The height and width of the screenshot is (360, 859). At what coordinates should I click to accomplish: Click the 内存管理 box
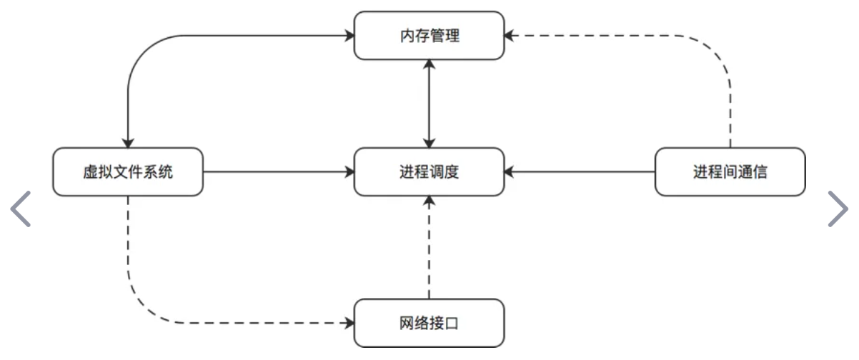(429, 36)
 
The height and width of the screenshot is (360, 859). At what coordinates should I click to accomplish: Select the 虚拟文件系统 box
(128, 172)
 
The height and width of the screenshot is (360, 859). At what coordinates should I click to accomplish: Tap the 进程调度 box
(429, 172)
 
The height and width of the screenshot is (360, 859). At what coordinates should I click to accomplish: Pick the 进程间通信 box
(730, 172)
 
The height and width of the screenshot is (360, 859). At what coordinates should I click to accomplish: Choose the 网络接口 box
(429, 324)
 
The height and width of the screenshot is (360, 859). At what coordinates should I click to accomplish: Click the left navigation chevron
(21, 209)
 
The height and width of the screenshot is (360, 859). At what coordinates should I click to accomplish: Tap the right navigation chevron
(838, 209)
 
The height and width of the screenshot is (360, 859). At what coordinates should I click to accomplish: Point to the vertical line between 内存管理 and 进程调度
(429, 104)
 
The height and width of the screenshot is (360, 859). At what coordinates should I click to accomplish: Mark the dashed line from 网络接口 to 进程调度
(429, 250)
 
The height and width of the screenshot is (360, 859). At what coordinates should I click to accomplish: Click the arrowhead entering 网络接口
(349, 324)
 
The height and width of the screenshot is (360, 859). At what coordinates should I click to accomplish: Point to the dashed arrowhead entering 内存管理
(510, 35)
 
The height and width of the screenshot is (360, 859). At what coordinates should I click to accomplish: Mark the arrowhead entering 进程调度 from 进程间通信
(509, 172)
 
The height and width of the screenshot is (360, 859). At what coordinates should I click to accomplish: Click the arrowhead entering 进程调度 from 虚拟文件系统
(349, 172)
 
